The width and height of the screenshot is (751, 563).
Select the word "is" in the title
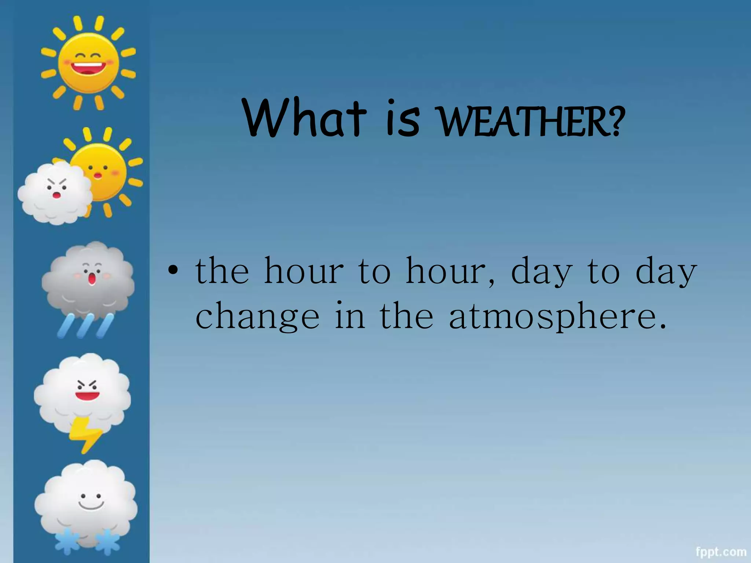[x=403, y=119]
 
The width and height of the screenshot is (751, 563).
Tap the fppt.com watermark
[x=721, y=552]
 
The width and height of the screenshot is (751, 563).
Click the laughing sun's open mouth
[x=88, y=68]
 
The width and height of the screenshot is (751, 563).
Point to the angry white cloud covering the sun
[x=55, y=192]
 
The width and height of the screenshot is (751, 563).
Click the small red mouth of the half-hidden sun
[x=98, y=176]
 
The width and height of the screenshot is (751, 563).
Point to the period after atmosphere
[x=662, y=326]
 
